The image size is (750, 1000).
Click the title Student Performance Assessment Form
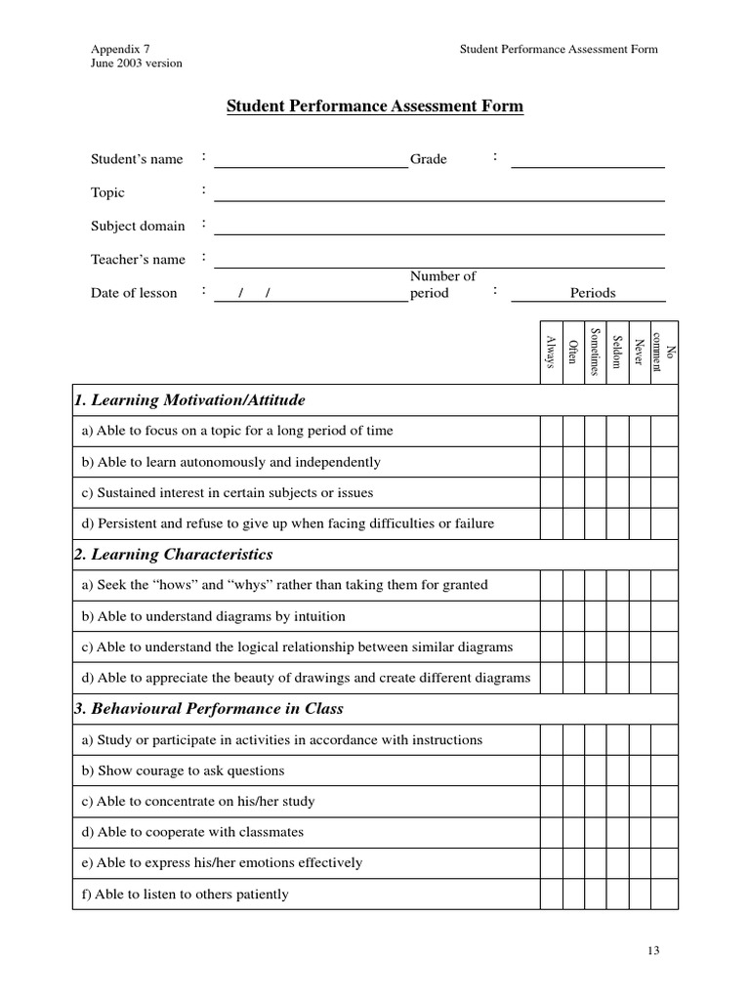[375, 106]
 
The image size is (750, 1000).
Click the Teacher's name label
[138, 260]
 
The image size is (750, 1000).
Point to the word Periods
[593, 293]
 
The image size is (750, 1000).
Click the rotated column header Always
[551, 353]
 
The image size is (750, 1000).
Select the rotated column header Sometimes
[595, 353]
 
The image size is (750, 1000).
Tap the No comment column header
[664, 353]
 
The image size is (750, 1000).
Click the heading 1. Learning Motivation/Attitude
[190, 400]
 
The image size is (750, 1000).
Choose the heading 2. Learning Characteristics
[174, 555]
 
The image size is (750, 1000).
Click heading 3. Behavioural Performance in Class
[209, 709]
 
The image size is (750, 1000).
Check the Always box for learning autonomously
[551, 462]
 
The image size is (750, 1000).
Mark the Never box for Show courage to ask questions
[640, 771]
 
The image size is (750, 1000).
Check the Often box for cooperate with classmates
[573, 832]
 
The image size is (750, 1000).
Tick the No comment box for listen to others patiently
[664, 894]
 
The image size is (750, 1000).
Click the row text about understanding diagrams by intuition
[214, 616]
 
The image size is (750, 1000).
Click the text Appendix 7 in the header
[121, 49]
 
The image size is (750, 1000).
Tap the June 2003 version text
[137, 63]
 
